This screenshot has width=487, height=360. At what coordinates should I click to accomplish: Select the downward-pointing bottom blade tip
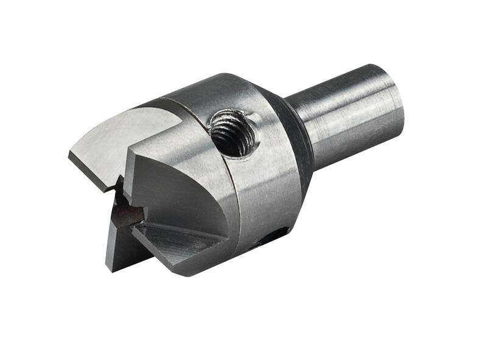pyautogui.click(x=110, y=265)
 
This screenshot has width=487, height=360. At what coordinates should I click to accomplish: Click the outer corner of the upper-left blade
pyautogui.click(x=70, y=156)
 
